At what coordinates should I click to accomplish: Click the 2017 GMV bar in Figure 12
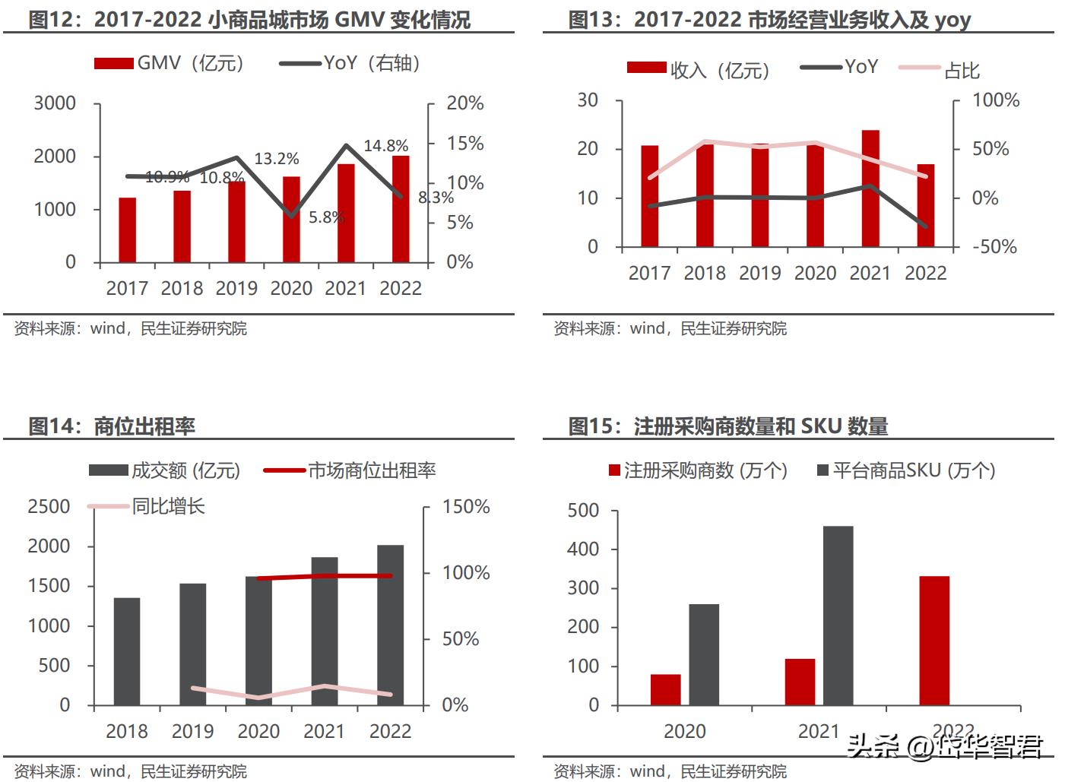tap(127, 230)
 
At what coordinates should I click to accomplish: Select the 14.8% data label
tap(385, 145)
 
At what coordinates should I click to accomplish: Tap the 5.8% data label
tap(326, 217)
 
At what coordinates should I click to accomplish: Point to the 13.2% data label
tap(276, 159)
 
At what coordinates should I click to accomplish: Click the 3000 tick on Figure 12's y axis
tap(55, 103)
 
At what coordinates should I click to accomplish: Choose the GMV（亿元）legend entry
tap(169, 63)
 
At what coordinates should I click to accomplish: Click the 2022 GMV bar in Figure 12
tap(401, 209)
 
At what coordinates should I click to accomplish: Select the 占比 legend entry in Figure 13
tap(940, 70)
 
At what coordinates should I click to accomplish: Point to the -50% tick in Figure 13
tap(994, 247)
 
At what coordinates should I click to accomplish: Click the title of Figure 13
tap(769, 20)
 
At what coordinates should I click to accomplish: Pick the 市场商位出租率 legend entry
tap(350, 470)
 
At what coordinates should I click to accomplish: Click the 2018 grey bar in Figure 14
tap(127, 651)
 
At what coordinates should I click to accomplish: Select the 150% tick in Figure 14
tap(466, 507)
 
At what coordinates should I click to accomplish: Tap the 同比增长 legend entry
tap(147, 506)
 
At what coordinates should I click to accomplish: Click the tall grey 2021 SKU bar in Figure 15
tap(838, 616)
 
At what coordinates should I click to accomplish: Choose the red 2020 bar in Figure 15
tap(665, 689)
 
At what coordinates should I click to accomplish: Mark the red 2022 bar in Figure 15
tap(934, 641)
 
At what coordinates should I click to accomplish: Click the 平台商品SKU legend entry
tap(906, 470)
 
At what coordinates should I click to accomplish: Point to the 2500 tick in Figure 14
tap(49, 507)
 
